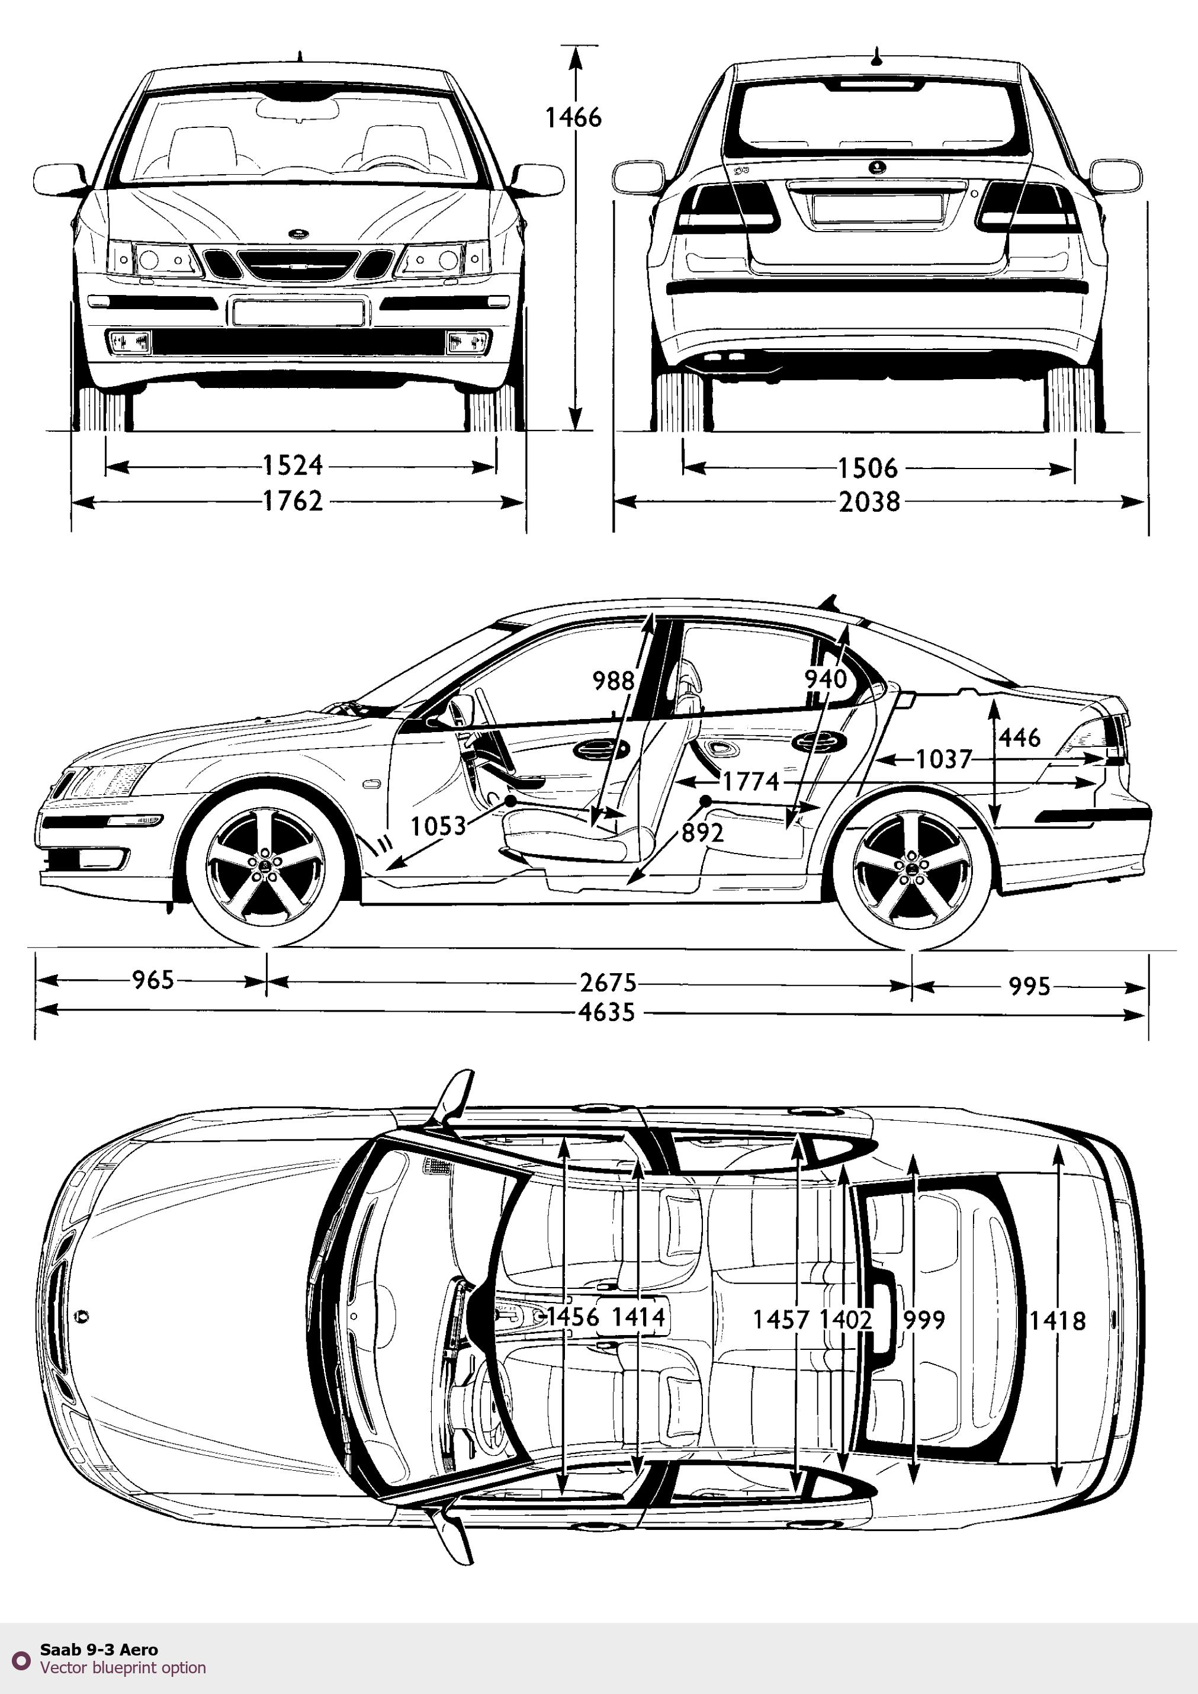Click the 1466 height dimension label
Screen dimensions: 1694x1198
(573, 117)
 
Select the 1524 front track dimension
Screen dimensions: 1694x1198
(293, 466)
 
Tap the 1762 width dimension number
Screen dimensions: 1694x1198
(293, 502)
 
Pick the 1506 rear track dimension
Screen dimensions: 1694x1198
(868, 468)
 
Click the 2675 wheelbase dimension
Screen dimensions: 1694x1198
(608, 983)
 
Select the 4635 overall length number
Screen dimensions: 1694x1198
(606, 1013)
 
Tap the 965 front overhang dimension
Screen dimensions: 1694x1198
(153, 980)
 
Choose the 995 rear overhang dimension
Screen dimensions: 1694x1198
(1029, 986)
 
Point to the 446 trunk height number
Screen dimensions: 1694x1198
(1020, 737)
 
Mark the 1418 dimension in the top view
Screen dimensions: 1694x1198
(1057, 1321)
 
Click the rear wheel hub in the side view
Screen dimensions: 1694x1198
(912, 871)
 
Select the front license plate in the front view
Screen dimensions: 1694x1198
(298, 312)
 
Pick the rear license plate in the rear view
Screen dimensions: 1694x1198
(876, 208)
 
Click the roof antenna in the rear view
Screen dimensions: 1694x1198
(876, 57)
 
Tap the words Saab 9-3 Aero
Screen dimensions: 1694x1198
(99, 1650)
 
